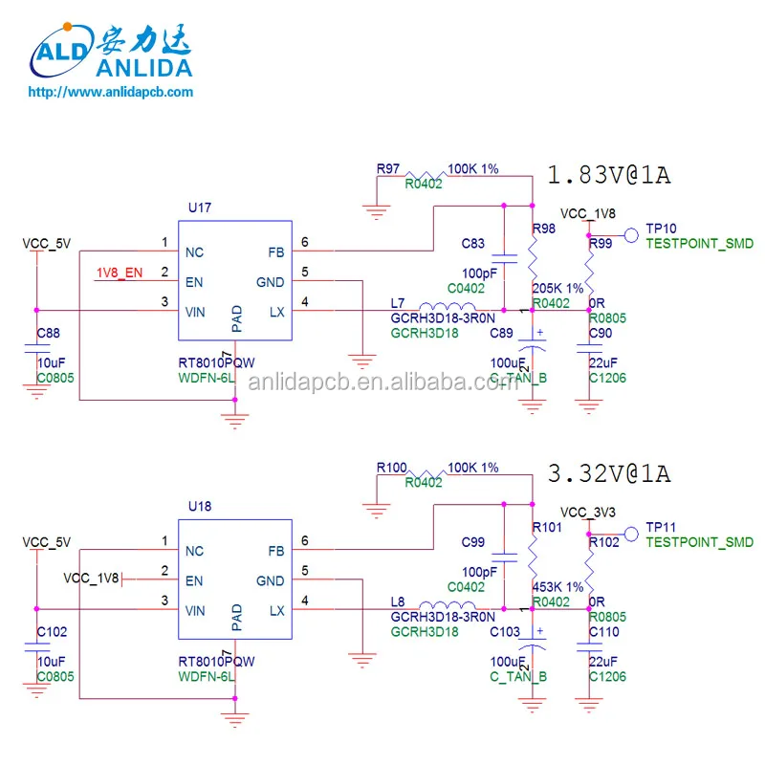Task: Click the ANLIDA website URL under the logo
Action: click(x=111, y=92)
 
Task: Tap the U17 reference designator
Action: click(x=200, y=208)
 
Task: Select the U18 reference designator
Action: click(x=200, y=505)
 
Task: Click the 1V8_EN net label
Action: click(x=120, y=273)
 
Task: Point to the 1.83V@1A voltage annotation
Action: click(x=608, y=176)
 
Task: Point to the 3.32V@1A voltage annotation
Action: click(x=608, y=473)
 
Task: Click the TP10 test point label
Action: click(x=661, y=229)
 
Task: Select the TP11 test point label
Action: click(x=661, y=527)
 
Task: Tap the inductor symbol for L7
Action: click(x=450, y=309)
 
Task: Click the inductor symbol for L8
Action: click(x=450, y=607)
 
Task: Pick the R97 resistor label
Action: click(x=387, y=168)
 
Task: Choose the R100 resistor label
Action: click(x=391, y=467)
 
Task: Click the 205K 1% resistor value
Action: click(x=557, y=288)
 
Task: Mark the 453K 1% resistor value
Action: click(x=557, y=586)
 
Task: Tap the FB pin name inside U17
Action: click(x=275, y=252)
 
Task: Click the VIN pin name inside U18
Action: click(x=194, y=610)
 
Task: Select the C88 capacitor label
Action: click(x=48, y=334)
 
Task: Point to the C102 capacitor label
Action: click(x=52, y=631)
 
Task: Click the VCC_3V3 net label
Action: click(x=588, y=511)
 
